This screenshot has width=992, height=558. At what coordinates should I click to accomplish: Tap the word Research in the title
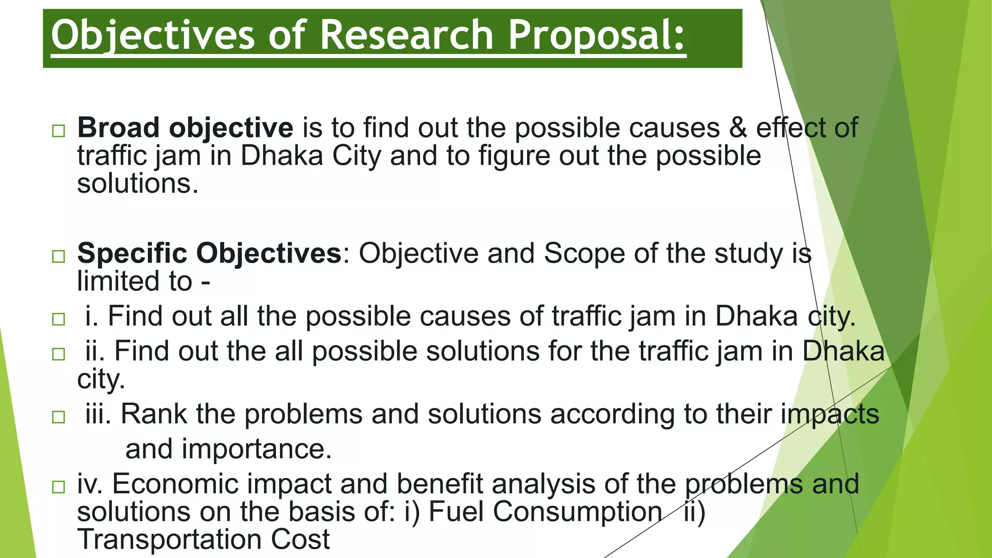coord(406,35)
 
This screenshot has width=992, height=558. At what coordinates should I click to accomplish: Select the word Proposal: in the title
coord(597,35)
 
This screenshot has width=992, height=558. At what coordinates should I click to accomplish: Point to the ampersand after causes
coord(738,128)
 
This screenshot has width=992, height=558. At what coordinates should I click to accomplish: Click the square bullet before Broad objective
coord(59,131)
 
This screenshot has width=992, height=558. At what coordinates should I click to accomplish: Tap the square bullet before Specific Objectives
coord(59,256)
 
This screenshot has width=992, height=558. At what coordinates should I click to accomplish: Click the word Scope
coord(584,253)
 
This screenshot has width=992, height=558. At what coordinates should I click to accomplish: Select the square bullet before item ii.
coord(59,354)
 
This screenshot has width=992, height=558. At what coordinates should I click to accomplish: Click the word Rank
coord(154,414)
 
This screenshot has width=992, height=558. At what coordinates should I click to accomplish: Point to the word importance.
coord(256,449)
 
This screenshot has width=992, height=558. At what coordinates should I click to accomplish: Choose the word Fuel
coord(457,511)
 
